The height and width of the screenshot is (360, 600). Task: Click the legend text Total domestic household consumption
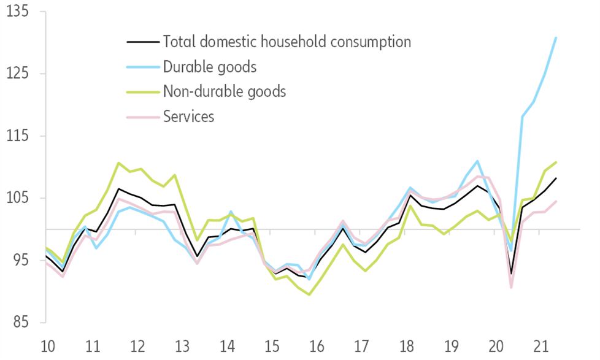pyautogui.click(x=287, y=42)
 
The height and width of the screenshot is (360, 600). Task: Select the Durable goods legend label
pyautogui.click(x=210, y=66)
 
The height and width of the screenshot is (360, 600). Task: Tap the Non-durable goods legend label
pyautogui.click(x=225, y=91)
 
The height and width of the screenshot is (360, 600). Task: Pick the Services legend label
pyautogui.click(x=188, y=116)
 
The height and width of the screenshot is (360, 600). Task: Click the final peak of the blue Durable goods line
pyautogui.click(x=556, y=38)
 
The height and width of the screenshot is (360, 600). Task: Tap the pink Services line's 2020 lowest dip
pyautogui.click(x=511, y=287)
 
